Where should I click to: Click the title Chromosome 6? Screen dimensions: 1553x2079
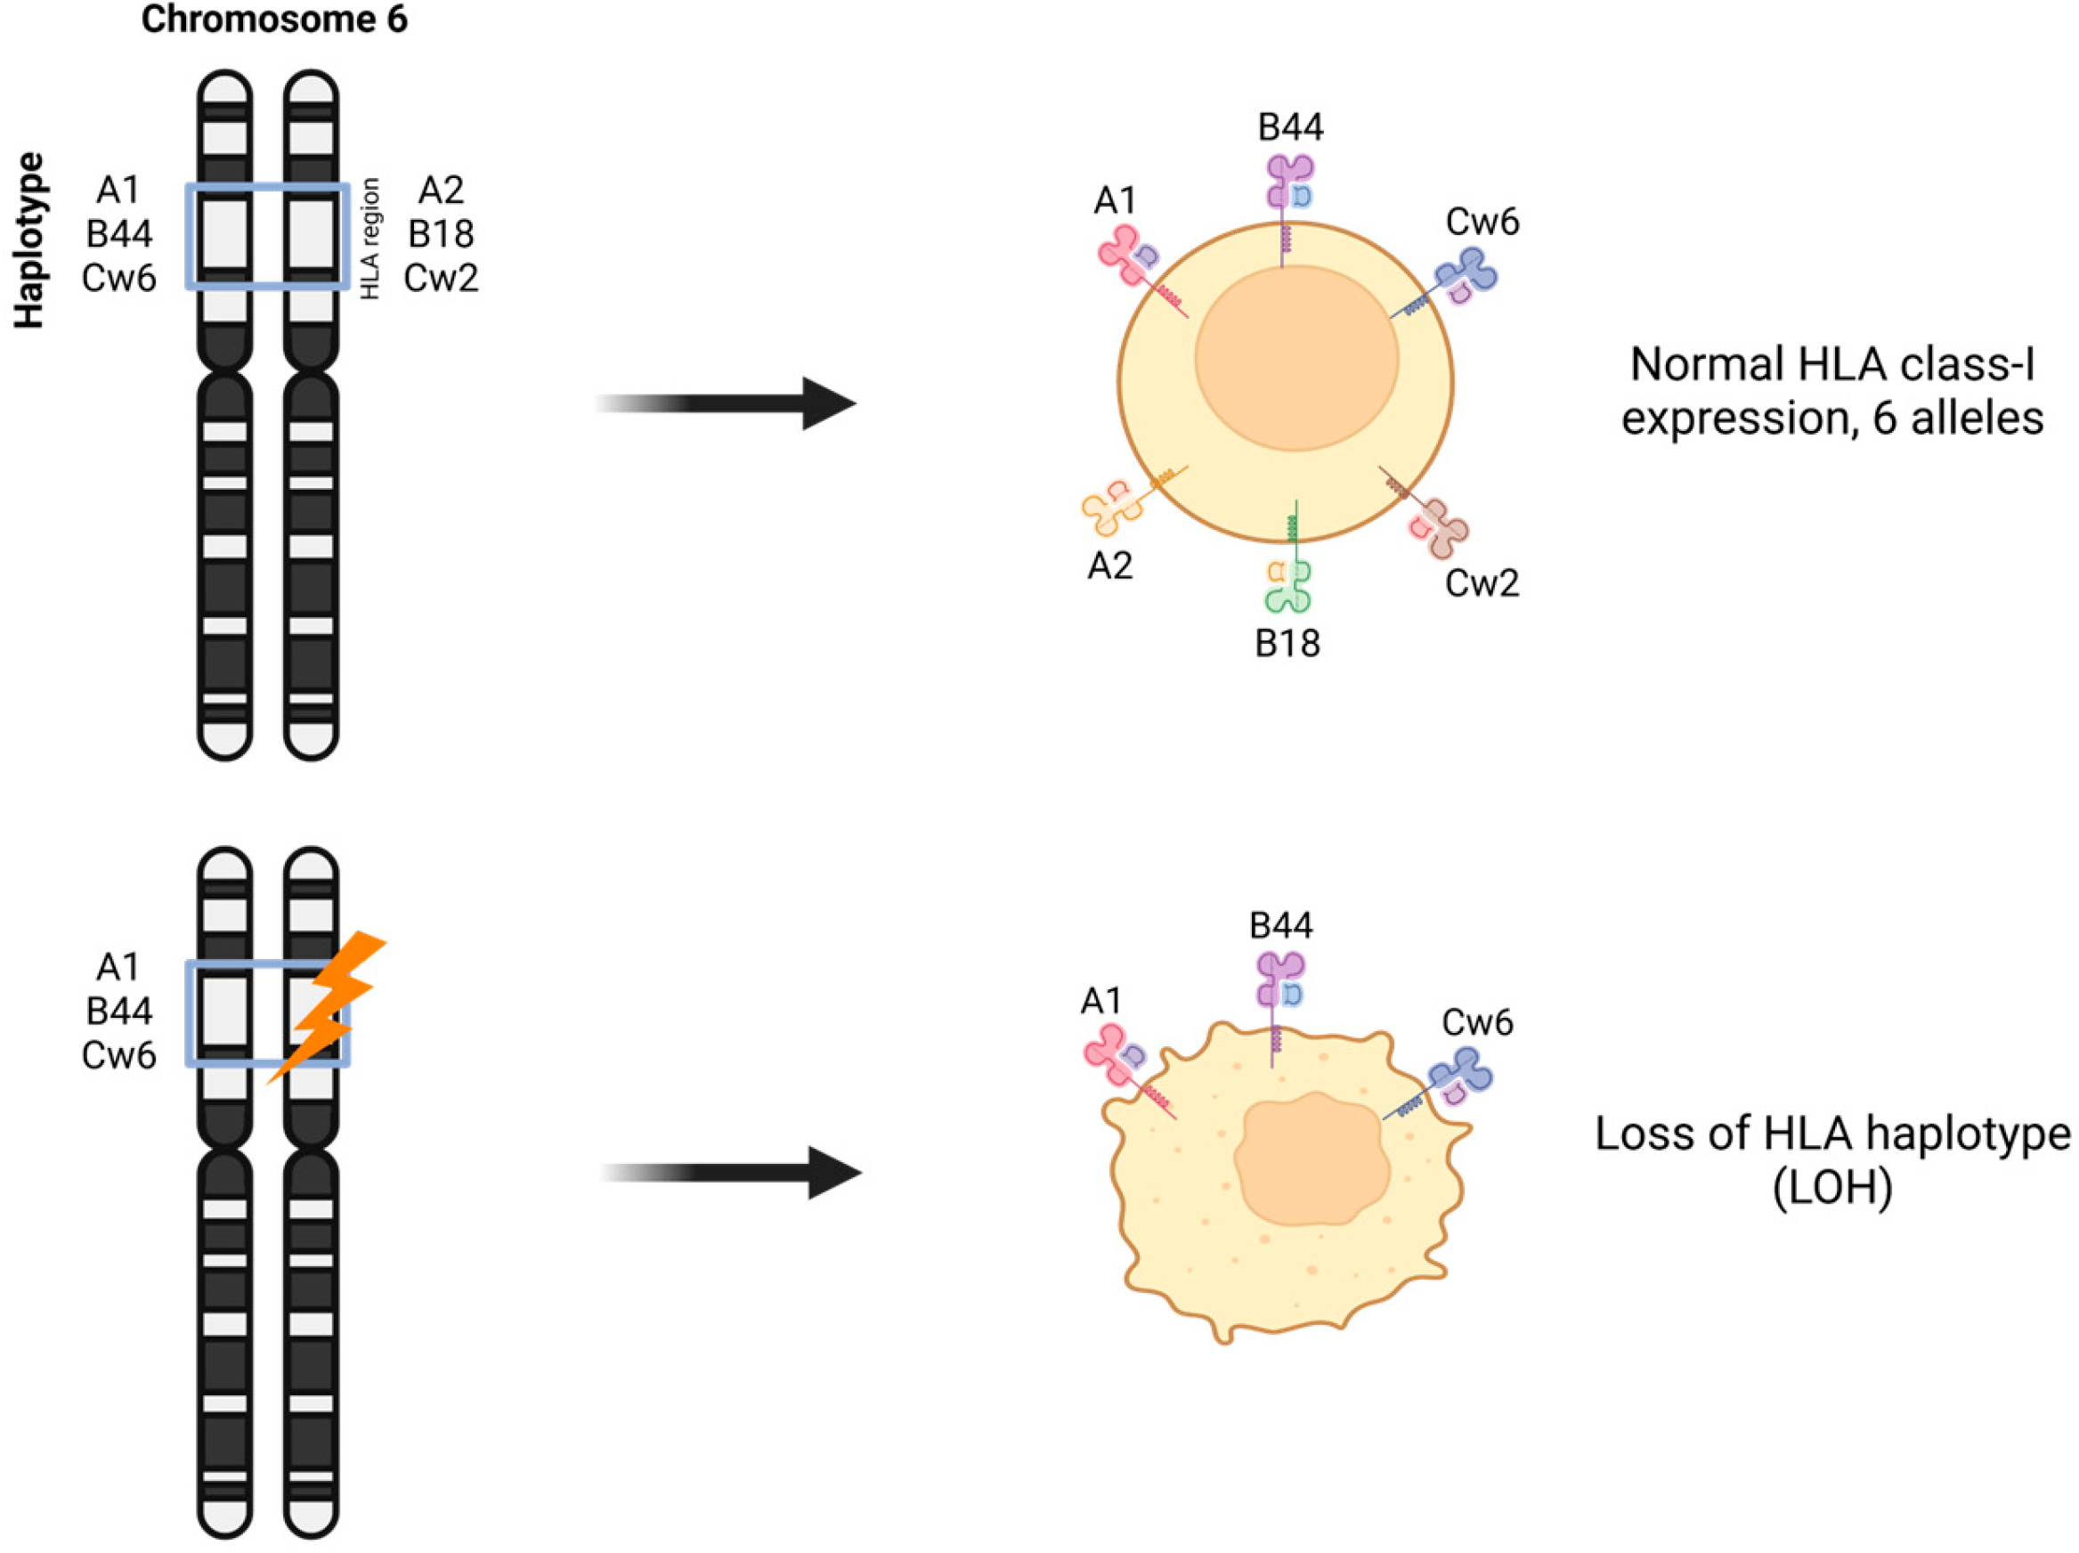pos(274,20)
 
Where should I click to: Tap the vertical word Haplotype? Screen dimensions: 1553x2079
pos(29,240)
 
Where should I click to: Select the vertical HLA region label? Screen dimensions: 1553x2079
pos(370,239)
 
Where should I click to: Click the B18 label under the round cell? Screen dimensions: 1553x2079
pos(1287,644)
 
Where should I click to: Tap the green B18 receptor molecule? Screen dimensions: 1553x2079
pos(1288,585)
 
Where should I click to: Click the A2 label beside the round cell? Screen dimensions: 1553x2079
pos(1110,566)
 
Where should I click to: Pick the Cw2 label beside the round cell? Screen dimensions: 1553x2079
pos(1482,584)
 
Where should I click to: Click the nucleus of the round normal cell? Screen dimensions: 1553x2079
pos(1297,358)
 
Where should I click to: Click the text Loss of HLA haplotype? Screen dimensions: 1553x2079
pos(1832,1134)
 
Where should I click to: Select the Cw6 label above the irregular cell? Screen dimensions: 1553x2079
pos(1477,1023)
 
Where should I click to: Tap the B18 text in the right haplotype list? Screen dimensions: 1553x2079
pos(441,233)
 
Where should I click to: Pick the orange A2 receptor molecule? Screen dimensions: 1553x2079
pos(1114,505)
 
